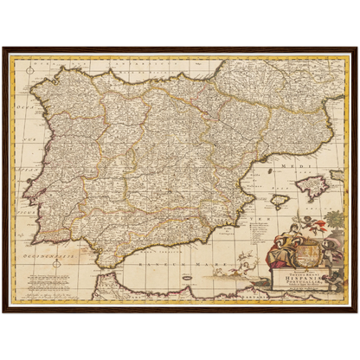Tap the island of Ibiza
click(279, 202)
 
